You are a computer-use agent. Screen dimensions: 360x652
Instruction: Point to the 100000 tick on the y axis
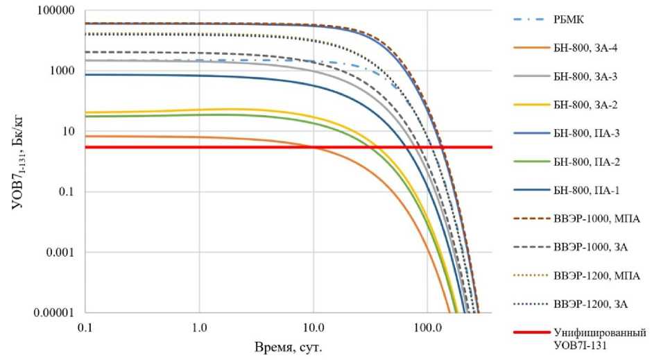[x=56, y=11]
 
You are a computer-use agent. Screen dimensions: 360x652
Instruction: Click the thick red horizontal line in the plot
[x=208, y=147]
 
